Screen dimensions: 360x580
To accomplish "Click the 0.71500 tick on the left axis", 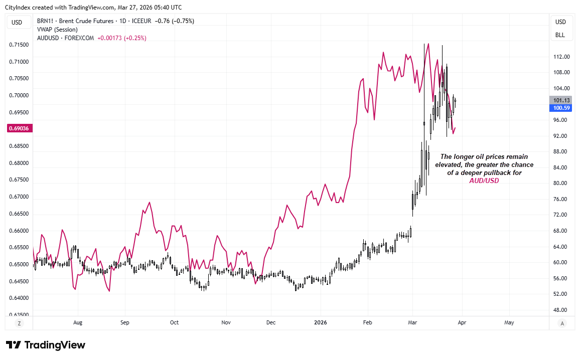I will click(19, 45).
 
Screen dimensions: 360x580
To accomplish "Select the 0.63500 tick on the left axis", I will click(19, 315).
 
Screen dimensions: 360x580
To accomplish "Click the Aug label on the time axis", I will click(77, 323).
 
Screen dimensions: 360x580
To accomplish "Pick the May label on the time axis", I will click(509, 323).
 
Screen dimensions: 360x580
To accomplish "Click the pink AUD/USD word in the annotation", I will click(484, 181).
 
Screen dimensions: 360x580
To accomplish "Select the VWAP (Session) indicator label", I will click(50, 30).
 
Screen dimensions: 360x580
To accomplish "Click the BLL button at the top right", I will click(560, 35).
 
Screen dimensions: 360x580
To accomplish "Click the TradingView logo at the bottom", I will click(46, 345).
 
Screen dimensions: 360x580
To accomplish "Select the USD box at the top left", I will click(17, 22).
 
